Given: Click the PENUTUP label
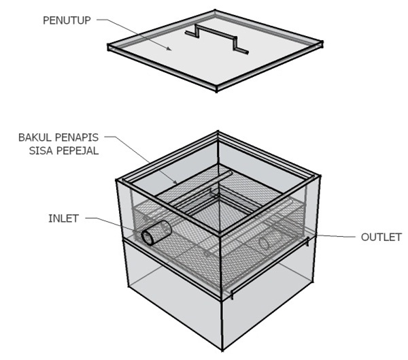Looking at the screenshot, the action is [67, 20].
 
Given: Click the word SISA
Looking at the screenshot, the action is [41, 150].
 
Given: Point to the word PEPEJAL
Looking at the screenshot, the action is [78, 150].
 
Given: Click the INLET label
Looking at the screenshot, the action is [63, 218].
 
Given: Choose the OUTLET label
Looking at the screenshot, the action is [381, 238].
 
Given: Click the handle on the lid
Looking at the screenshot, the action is [216, 39].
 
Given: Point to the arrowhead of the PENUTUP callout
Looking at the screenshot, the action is [169, 49].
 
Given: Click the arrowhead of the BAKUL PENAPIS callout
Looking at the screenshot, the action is [176, 182].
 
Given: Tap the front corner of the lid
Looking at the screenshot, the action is [216, 90].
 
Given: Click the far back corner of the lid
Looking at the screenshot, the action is [215, 11].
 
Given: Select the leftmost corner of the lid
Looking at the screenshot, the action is [108, 47].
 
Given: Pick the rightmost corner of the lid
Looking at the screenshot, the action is [322, 44].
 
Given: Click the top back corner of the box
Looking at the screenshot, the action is [218, 132].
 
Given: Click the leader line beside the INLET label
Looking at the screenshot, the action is [113, 223].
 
